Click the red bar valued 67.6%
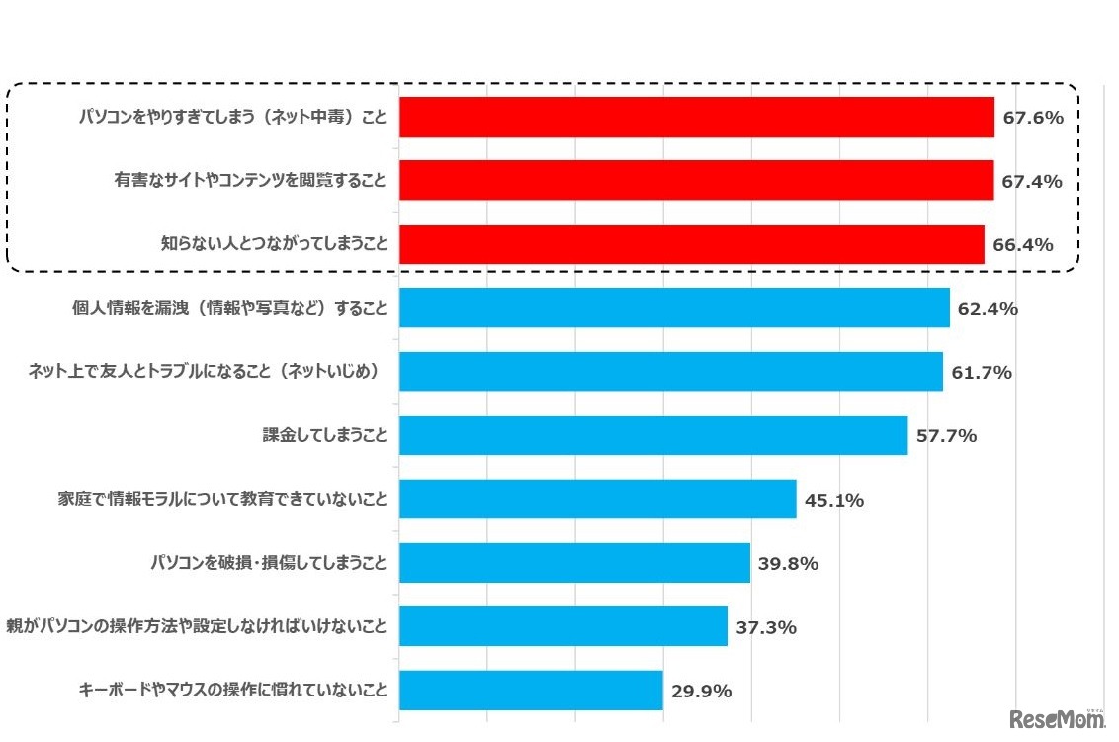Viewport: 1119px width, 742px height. (x=696, y=118)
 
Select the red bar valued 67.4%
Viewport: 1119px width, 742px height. (x=696, y=181)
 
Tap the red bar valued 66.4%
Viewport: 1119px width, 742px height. (x=691, y=244)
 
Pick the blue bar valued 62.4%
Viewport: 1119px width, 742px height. (x=674, y=308)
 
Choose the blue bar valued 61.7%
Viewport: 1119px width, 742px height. (x=670, y=372)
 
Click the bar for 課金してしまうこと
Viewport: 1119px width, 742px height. (x=652, y=435)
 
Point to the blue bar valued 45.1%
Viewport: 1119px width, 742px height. (x=597, y=500)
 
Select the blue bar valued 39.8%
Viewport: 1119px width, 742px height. (x=574, y=563)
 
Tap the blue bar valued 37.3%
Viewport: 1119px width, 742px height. (x=562, y=626)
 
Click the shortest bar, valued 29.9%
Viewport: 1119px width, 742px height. (x=530, y=691)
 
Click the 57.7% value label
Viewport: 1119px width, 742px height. (x=946, y=436)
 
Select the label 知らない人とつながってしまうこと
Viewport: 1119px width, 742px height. (x=274, y=244)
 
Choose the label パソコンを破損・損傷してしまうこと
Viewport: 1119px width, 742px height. (x=268, y=564)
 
